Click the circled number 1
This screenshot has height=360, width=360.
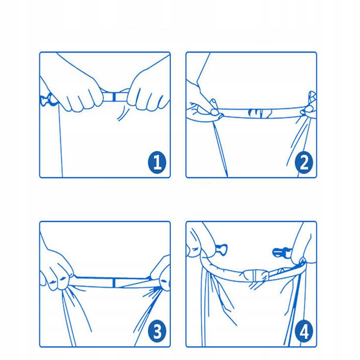[157, 162]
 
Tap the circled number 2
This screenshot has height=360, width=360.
[304, 162]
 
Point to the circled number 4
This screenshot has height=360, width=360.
[304, 331]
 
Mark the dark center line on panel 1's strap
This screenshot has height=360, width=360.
[114, 96]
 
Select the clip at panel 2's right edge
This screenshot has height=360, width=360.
[310, 104]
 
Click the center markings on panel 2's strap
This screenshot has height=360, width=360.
[260, 113]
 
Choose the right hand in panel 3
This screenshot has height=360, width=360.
[161, 275]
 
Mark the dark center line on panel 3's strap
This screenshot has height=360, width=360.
[114, 282]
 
